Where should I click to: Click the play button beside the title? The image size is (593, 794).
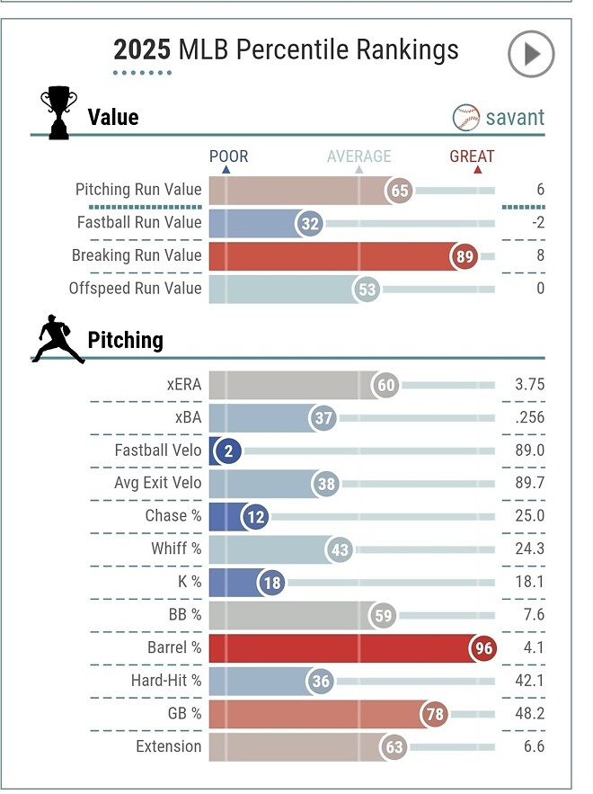click(x=531, y=55)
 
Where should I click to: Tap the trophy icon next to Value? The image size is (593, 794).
click(x=59, y=112)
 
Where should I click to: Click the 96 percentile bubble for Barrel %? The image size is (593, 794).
click(x=486, y=647)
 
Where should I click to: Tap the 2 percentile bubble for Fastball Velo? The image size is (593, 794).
click(x=228, y=451)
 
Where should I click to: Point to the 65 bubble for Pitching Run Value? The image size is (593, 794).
click(x=400, y=191)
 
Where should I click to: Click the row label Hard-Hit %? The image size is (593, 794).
click(x=165, y=681)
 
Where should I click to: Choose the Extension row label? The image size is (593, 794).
click(x=169, y=746)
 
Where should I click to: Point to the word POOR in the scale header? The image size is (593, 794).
click(x=228, y=156)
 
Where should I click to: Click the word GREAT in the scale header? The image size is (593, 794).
click(x=472, y=156)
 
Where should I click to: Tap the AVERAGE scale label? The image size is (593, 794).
click(x=358, y=156)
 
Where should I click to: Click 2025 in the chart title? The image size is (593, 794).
click(x=142, y=49)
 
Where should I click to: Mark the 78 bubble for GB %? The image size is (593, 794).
click(x=437, y=714)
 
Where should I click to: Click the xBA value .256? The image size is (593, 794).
click(x=528, y=418)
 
